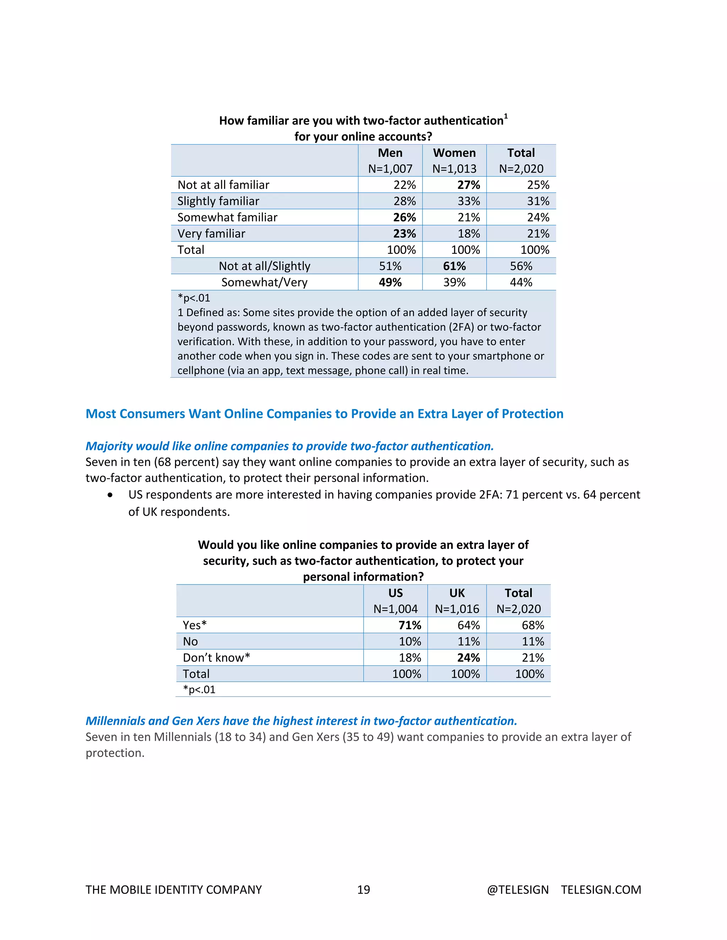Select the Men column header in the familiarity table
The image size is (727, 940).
[x=390, y=153]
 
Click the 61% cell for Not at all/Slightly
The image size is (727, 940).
[x=454, y=266]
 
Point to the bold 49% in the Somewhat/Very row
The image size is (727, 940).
[x=390, y=282]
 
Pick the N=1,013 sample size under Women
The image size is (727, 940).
[x=454, y=169]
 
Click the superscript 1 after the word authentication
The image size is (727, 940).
[x=506, y=116]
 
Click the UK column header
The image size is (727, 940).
[x=457, y=593]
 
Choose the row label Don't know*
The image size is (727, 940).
[x=216, y=658]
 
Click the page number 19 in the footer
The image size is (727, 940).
[x=363, y=890]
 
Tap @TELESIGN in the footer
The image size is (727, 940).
[x=518, y=890]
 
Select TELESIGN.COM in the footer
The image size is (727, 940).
[x=601, y=890]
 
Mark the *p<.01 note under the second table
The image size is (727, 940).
[x=199, y=690]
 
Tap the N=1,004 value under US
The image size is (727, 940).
[x=395, y=609]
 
